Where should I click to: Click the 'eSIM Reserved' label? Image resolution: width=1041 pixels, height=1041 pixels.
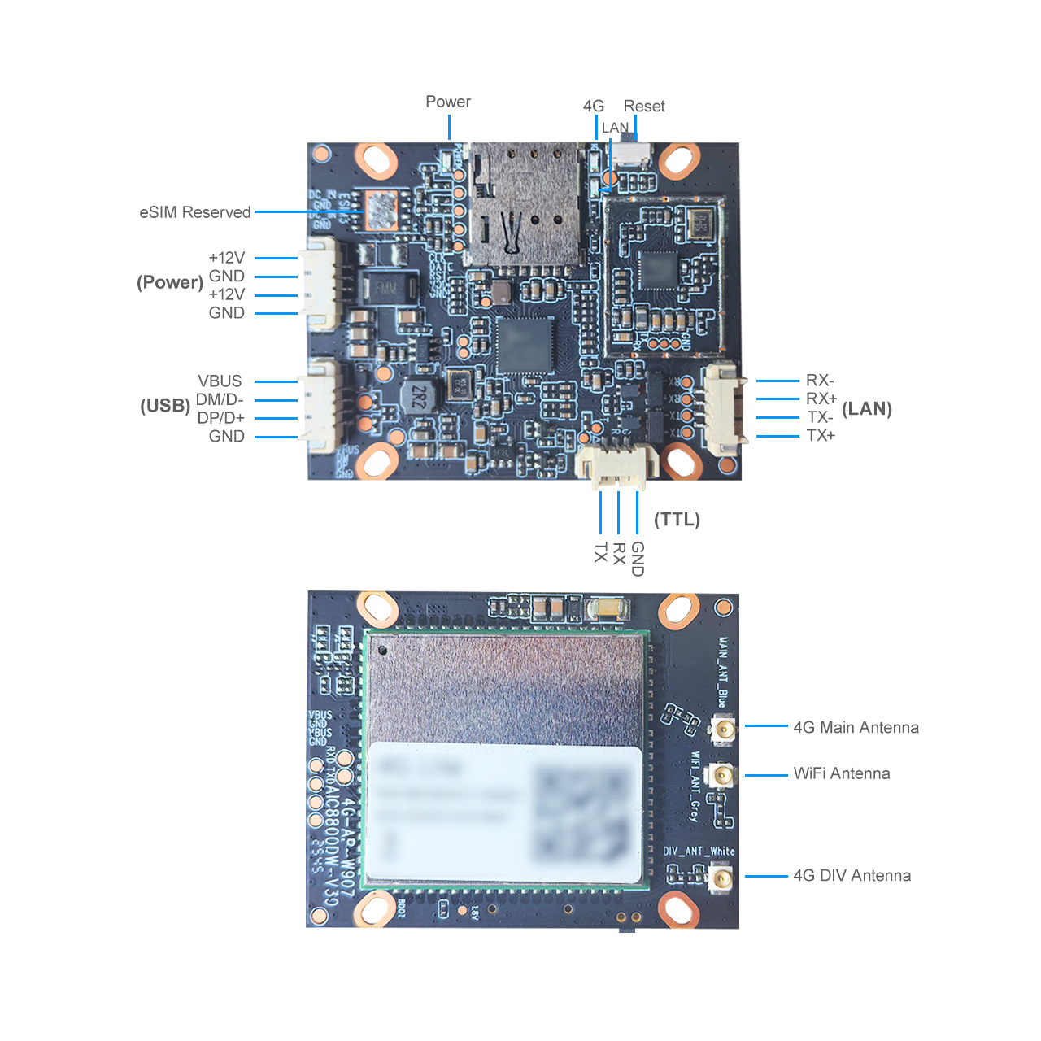[195, 212]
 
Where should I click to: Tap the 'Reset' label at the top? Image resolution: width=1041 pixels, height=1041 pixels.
[644, 107]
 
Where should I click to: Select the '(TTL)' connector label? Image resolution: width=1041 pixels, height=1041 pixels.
[677, 520]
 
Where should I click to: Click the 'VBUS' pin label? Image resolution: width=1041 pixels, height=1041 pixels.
[220, 381]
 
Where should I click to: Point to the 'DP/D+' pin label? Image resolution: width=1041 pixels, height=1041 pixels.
[220, 418]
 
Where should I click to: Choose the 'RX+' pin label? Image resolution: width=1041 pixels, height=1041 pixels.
[821, 399]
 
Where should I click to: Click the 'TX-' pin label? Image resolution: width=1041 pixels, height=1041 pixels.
[820, 417]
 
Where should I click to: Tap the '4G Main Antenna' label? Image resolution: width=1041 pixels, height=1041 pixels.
[856, 727]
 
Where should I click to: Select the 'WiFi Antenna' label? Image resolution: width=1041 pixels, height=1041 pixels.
[842, 773]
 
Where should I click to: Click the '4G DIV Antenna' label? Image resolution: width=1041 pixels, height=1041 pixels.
[852, 876]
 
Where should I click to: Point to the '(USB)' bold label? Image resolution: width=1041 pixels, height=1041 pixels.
[165, 406]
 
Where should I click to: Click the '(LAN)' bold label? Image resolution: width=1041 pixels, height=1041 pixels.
[867, 409]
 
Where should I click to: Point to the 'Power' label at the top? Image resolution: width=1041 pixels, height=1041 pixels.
[448, 102]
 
